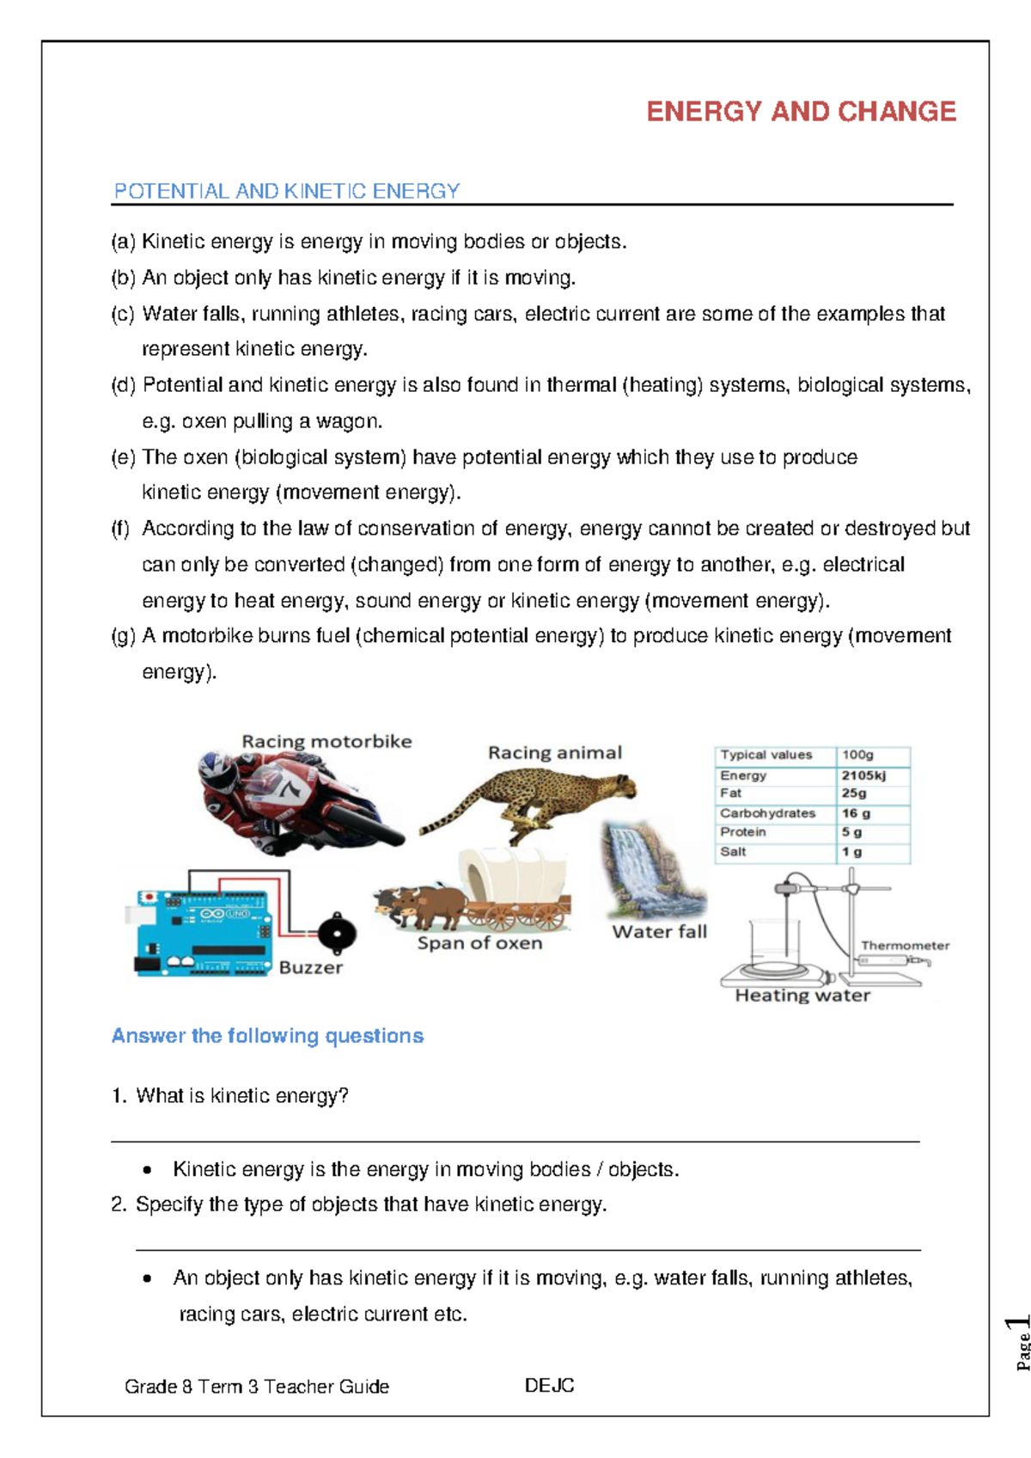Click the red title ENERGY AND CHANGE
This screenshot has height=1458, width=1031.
click(x=801, y=112)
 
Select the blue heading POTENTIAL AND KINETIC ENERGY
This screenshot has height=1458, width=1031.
click(x=287, y=191)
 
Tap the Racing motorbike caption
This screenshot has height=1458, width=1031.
click(x=326, y=741)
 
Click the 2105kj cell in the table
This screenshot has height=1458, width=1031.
click(x=863, y=775)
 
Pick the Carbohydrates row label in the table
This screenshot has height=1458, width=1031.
click(x=767, y=813)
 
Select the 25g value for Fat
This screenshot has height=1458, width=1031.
click(x=854, y=793)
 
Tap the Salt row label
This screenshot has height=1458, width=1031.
click(x=733, y=852)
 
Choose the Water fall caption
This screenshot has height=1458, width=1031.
click(x=659, y=932)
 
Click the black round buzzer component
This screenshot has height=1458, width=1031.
click(x=336, y=934)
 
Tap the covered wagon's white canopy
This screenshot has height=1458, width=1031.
click(x=513, y=874)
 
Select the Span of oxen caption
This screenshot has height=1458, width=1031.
click(x=479, y=943)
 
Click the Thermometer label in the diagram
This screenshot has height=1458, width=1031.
click(x=905, y=946)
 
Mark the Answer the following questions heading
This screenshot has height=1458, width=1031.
click(x=267, y=1036)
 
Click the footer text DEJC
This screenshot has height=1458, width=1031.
click(x=549, y=1386)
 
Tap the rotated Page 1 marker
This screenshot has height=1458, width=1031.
click(x=1021, y=1341)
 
